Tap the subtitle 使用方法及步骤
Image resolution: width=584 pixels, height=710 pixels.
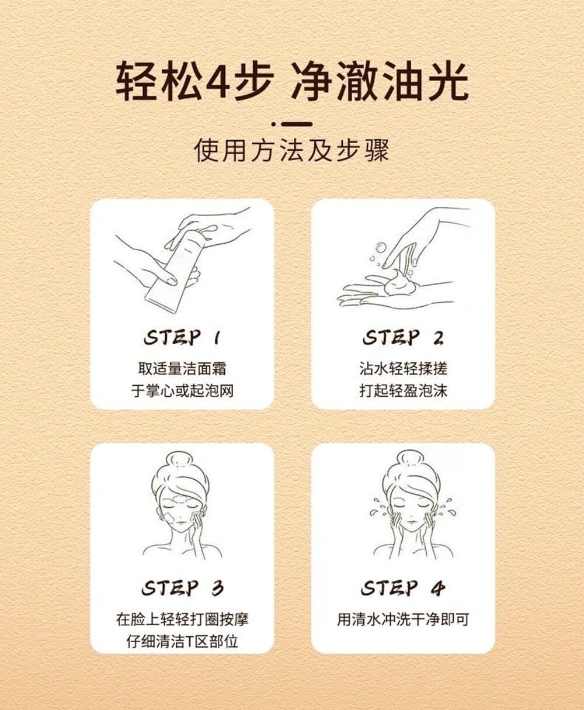pyautogui.click(x=292, y=151)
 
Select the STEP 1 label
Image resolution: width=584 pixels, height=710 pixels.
pyautogui.click(x=182, y=338)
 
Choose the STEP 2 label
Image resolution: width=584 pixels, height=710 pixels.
pyautogui.click(x=403, y=338)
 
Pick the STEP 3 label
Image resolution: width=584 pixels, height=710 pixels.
pyautogui.click(x=182, y=588)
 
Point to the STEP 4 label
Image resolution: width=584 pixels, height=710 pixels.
pyautogui.click(x=403, y=588)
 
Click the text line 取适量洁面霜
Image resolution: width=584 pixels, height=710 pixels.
pyautogui.click(x=182, y=369)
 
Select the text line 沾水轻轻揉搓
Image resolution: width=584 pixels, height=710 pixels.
pyautogui.click(x=403, y=369)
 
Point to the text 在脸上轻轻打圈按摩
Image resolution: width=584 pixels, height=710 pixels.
pyautogui.click(x=182, y=619)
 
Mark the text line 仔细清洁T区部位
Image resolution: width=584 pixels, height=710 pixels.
pyautogui.click(x=182, y=641)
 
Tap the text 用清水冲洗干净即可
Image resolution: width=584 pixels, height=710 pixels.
pyautogui.click(x=403, y=619)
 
